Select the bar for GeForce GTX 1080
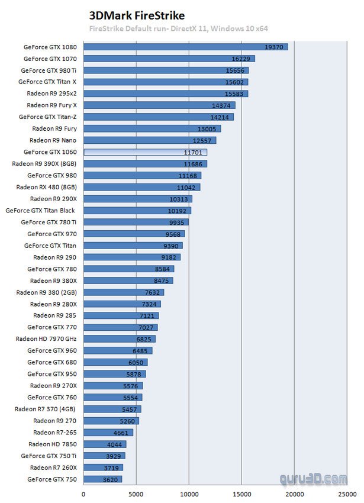185,47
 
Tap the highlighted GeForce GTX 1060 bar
145,152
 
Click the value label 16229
243,59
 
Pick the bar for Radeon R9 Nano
150,140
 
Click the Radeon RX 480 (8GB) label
45,187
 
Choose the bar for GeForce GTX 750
102,479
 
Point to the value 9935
178,223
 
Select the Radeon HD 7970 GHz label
47,339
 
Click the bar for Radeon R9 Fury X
159,105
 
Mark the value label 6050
136,363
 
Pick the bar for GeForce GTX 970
134,234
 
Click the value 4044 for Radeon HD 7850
115,444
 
